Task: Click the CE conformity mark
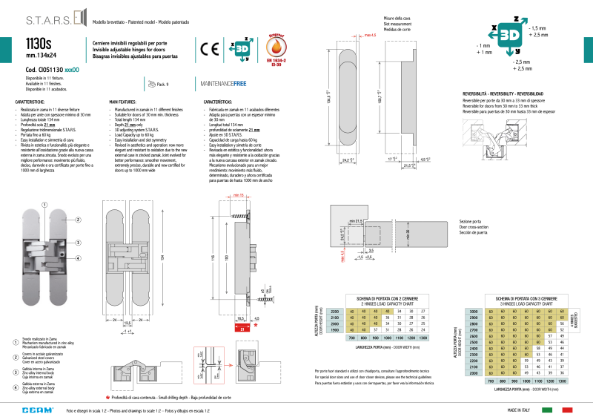pos(208,48)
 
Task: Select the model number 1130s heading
pos(38,44)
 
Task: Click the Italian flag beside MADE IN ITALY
pos(549,409)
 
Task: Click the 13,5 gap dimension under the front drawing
pos(127,323)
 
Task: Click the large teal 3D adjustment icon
pos(509,35)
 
